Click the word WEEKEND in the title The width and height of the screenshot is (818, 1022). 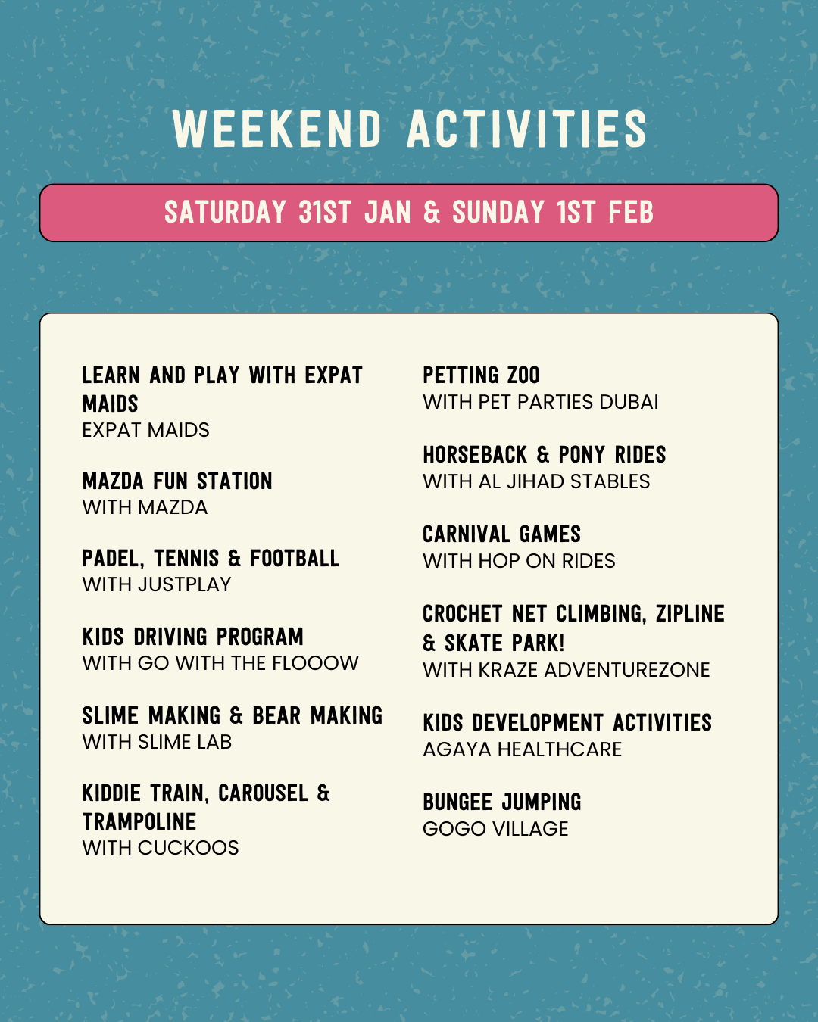(x=277, y=129)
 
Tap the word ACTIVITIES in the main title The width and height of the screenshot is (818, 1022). (x=526, y=129)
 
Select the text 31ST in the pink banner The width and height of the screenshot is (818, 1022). (x=325, y=212)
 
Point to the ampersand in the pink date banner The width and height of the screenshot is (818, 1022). (x=432, y=212)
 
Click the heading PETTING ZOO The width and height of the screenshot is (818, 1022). (x=481, y=375)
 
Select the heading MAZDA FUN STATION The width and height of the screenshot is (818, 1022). (x=177, y=481)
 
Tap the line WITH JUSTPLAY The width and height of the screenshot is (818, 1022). (x=157, y=584)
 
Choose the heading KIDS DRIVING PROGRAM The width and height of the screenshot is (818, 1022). (x=193, y=637)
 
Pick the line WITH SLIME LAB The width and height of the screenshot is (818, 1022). (x=157, y=742)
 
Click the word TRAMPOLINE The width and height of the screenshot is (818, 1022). (x=139, y=821)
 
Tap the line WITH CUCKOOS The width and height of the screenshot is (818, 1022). (x=161, y=848)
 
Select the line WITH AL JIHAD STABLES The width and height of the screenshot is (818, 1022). (x=536, y=481)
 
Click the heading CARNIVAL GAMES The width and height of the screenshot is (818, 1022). (x=501, y=534)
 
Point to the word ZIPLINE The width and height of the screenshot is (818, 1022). (x=690, y=614)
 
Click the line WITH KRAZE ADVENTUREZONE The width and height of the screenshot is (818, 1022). (x=566, y=670)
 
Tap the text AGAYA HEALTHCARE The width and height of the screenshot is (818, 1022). (x=523, y=749)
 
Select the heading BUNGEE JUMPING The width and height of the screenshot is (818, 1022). (x=502, y=802)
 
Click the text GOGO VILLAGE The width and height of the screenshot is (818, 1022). (x=495, y=829)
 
